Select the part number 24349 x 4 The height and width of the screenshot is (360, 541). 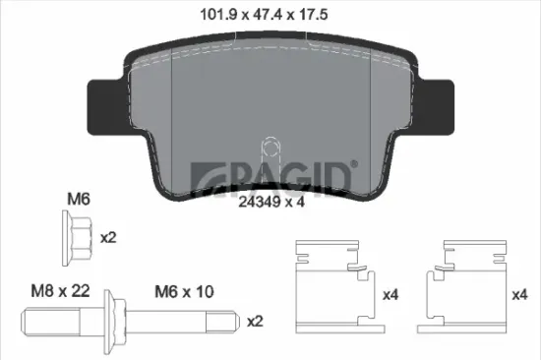tap(269, 205)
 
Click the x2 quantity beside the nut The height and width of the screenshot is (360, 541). tap(110, 238)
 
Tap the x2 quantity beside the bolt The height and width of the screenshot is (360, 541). tap(255, 322)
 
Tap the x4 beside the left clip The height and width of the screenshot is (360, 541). tap(389, 293)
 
